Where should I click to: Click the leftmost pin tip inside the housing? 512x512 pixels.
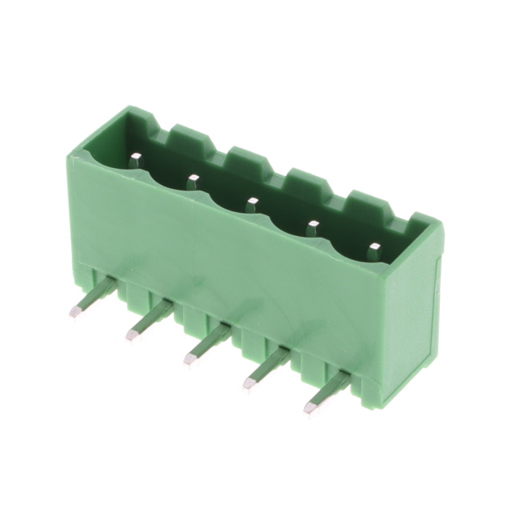[135, 161]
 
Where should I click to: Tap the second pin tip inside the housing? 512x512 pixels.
[194, 181]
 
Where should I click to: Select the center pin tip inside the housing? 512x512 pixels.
[252, 203]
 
